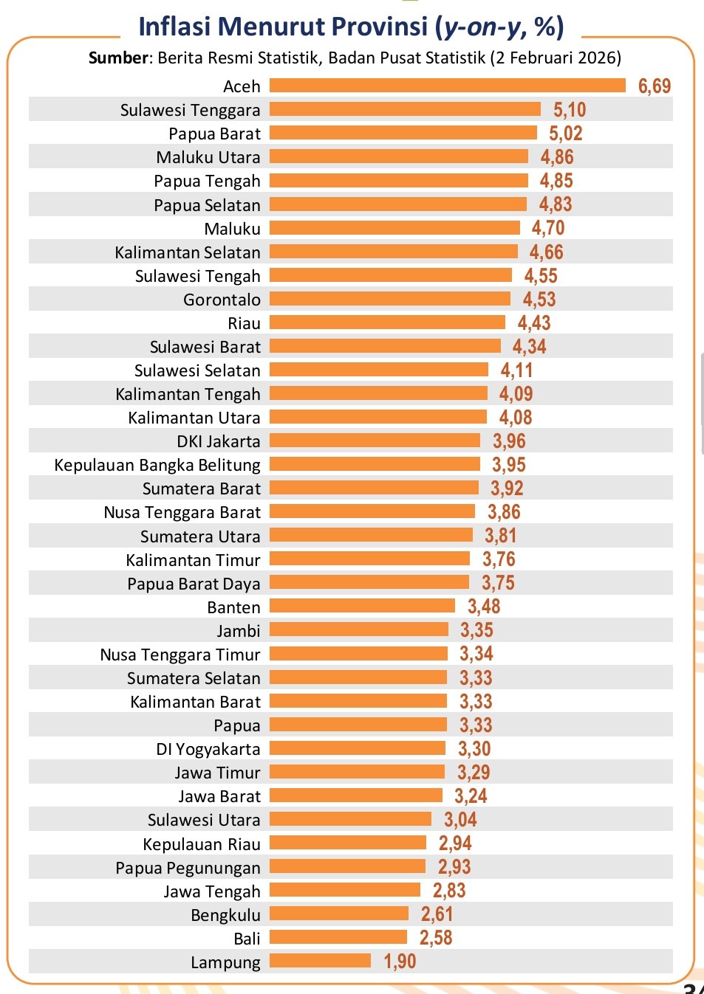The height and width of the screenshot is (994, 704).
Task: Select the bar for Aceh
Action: click(x=447, y=86)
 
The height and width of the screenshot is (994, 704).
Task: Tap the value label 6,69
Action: click(x=654, y=86)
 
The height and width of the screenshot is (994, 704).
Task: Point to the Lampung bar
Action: click(x=320, y=961)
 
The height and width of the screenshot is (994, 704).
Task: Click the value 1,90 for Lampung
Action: click(x=400, y=962)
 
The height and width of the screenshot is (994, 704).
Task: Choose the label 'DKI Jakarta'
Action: click(x=219, y=441)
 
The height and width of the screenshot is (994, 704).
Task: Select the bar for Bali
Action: click(x=338, y=937)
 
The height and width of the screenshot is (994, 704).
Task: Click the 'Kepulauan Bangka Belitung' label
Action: click(x=157, y=465)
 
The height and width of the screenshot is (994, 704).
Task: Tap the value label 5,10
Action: click(x=570, y=110)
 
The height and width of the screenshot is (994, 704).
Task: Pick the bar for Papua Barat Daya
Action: click(x=369, y=582)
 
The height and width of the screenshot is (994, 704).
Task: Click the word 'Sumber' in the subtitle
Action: click(x=118, y=58)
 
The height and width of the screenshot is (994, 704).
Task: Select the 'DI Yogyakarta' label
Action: click(x=208, y=749)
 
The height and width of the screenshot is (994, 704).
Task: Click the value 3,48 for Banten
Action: click(x=484, y=607)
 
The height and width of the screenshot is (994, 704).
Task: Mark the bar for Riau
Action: click(x=387, y=322)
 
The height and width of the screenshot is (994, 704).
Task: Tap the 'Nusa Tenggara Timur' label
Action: click(x=180, y=655)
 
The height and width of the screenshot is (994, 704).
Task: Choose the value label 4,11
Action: click(x=516, y=370)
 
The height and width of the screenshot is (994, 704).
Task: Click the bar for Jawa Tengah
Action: click(x=344, y=890)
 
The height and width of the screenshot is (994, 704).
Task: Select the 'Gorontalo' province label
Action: click(x=222, y=300)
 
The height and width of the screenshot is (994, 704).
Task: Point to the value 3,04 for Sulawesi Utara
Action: click(x=460, y=820)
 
